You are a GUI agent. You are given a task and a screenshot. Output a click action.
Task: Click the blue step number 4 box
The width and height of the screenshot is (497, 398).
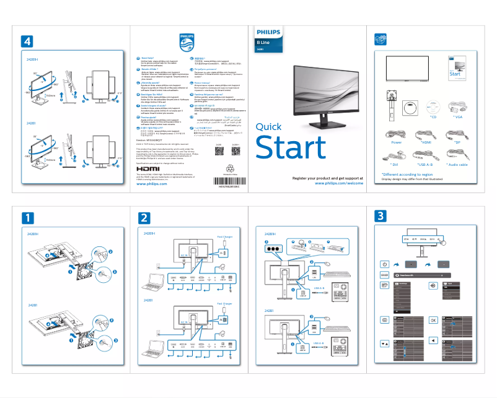point(27,41)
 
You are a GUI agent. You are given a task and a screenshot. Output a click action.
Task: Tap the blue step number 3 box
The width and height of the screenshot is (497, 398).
point(380,216)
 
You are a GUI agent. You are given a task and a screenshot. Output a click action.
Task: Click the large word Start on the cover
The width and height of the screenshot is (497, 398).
point(291,148)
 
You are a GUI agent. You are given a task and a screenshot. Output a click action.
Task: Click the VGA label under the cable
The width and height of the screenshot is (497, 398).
point(458,117)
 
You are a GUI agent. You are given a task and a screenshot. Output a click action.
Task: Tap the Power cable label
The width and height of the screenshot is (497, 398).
point(397,142)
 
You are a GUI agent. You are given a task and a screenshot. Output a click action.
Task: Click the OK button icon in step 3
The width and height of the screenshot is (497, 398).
point(433,320)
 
